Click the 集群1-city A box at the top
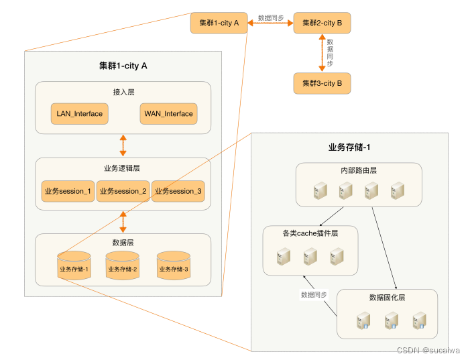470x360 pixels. pyautogui.click(x=219, y=23)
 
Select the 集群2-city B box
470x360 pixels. pyautogui.click(x=322, y=23)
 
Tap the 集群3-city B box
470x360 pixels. pyautogui.click(x=322, y=83)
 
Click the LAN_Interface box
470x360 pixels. pyautogui.click(x=80, y=114)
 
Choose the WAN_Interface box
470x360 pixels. pyautogui.click(x=168, y=114)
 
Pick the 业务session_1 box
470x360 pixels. pyautogui.click(x=68, y=192)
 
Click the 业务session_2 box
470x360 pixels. pyautogui.click(x=123, y=192)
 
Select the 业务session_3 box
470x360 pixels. pyautogui.click(x=178, y=192)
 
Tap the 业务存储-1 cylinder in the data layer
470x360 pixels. pyautogui.click(x=74, y=266)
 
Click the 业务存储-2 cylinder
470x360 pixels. pyautogui.click(x=122, y=266)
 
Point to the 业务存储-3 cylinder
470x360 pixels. pyautogui.click(x=174, y=266)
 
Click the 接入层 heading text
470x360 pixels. pyautogui.click(x=123, y=92)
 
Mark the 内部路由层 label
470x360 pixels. pyautogui.click(x=359, y=170)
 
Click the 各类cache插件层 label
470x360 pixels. pyautogui.click(x=310, y=233)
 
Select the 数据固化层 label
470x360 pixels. pyautogui.click(x=388, y=297)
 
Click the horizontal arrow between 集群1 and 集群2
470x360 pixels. pyautogui.click(x=271, y=23)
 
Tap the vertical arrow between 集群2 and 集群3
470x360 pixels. pyautogui.click(x=322, y=53)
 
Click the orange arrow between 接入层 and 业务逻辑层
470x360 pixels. pyautogui.click(x=123, y=145)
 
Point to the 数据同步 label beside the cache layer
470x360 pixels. pyautogui.click(x=314, y=294)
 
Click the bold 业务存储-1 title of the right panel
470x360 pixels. pyautogui.click(x=349, y=147)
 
